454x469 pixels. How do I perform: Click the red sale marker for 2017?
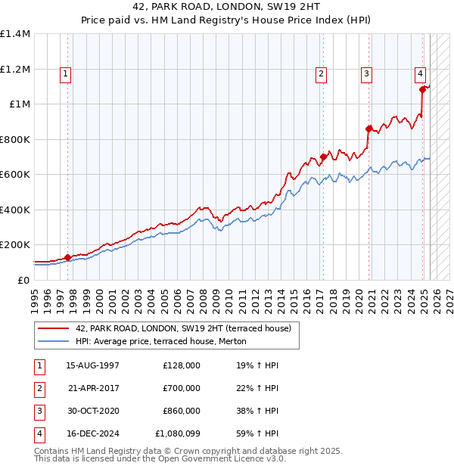(323, 157)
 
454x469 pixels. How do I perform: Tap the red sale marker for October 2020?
(368, 129)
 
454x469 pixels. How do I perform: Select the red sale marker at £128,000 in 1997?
(67, 257)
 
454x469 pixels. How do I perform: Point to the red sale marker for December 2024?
(422, 89)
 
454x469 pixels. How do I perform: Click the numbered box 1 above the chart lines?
(67, 74)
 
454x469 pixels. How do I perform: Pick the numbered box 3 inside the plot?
(366, 74)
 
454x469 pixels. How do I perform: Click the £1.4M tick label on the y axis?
(15, 34)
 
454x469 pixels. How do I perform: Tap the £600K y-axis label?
(15, 175)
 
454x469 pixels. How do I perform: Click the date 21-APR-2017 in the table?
(93, 388)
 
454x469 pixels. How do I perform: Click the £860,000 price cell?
(182, 411)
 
